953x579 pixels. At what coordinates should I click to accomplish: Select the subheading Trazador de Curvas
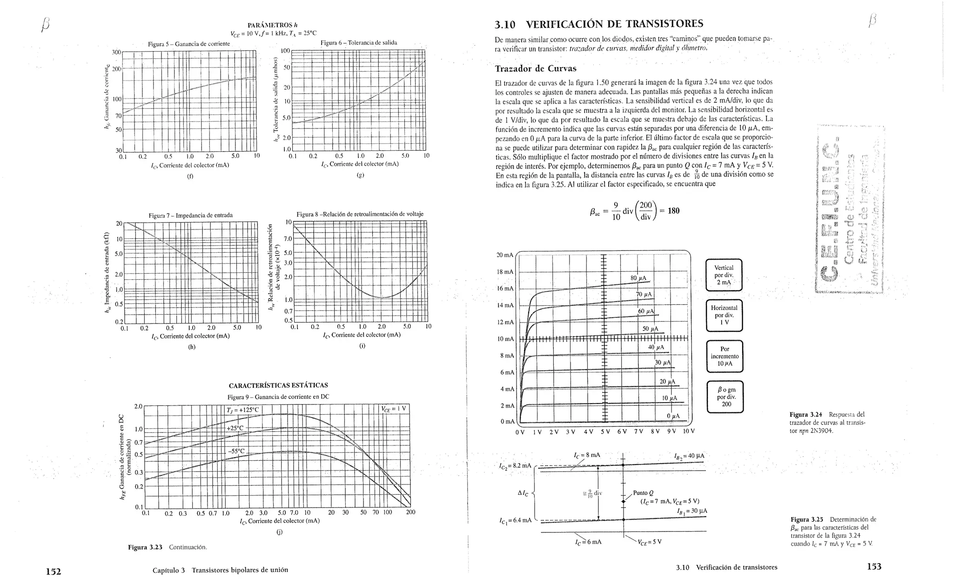[x=536, y=69]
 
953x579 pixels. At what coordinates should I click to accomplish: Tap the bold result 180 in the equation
[x=673, y=211]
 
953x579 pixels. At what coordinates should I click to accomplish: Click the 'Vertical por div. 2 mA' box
[x=724, y=275]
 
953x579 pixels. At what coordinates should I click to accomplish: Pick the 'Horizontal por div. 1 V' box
[x=724, y=315]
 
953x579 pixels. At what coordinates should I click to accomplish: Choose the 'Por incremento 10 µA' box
[x=725, y=356]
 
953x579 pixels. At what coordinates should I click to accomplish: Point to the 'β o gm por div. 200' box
[x=725, y=397]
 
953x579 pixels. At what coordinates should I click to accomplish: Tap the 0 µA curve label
[x=673, y=416]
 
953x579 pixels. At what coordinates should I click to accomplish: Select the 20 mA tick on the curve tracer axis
[x=505, y=255]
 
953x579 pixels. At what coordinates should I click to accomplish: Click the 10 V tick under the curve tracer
[x=689, y=431]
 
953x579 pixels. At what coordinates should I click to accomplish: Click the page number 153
[x=874, y=566]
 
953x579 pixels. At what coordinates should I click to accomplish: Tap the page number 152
[x=54, y=571]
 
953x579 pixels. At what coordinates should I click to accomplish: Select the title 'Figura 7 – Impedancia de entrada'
[x=190, y=215]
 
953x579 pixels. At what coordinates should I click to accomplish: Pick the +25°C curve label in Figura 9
[x=235, y=428]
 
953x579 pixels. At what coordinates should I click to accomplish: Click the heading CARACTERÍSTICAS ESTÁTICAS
[x=278, y=385]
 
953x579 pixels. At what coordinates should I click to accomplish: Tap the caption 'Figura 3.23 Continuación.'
[x=167, y=547]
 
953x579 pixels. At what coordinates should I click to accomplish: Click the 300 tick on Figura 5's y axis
[x=116, y=52]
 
